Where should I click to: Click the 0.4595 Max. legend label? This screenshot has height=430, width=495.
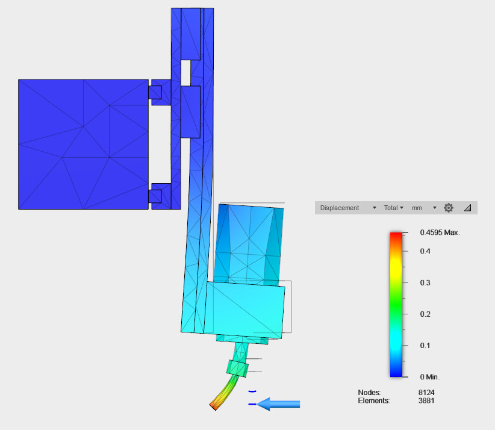pos(440,232)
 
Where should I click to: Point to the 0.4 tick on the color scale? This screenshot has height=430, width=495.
pos(425,251)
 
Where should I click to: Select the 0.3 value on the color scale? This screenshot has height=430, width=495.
pos(425,282)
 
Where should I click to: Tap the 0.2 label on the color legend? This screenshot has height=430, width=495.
pos(425,314)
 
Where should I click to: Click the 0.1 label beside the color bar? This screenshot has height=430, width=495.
pos(425,346)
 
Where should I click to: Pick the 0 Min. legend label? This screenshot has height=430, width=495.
pos(429,377)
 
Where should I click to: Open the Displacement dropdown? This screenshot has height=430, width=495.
pos(348,208)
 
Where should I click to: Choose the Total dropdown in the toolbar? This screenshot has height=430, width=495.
pos(394,208)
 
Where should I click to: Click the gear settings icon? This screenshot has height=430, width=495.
pos(449,208)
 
